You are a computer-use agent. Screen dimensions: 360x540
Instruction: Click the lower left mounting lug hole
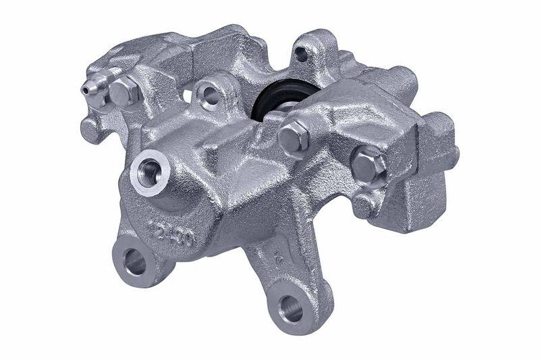pyautogui.click(x=135, y=261)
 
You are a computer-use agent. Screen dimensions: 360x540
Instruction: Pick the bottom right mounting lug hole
pyautogui.click(x=292, y=309)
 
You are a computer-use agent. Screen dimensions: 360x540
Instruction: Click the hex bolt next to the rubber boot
pyautogui.click(x=294, y=136)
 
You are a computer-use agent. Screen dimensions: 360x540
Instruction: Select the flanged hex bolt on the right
pyautogui.click(x=369, y=164)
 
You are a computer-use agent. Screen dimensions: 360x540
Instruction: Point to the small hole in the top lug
pyautogui.click(x=301, y=54)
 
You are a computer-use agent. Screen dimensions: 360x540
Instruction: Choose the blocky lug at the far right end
pyautogui.click(x=432, y=169)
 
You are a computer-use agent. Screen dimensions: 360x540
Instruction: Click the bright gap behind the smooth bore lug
pyautogui.click(x=187, y=95)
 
